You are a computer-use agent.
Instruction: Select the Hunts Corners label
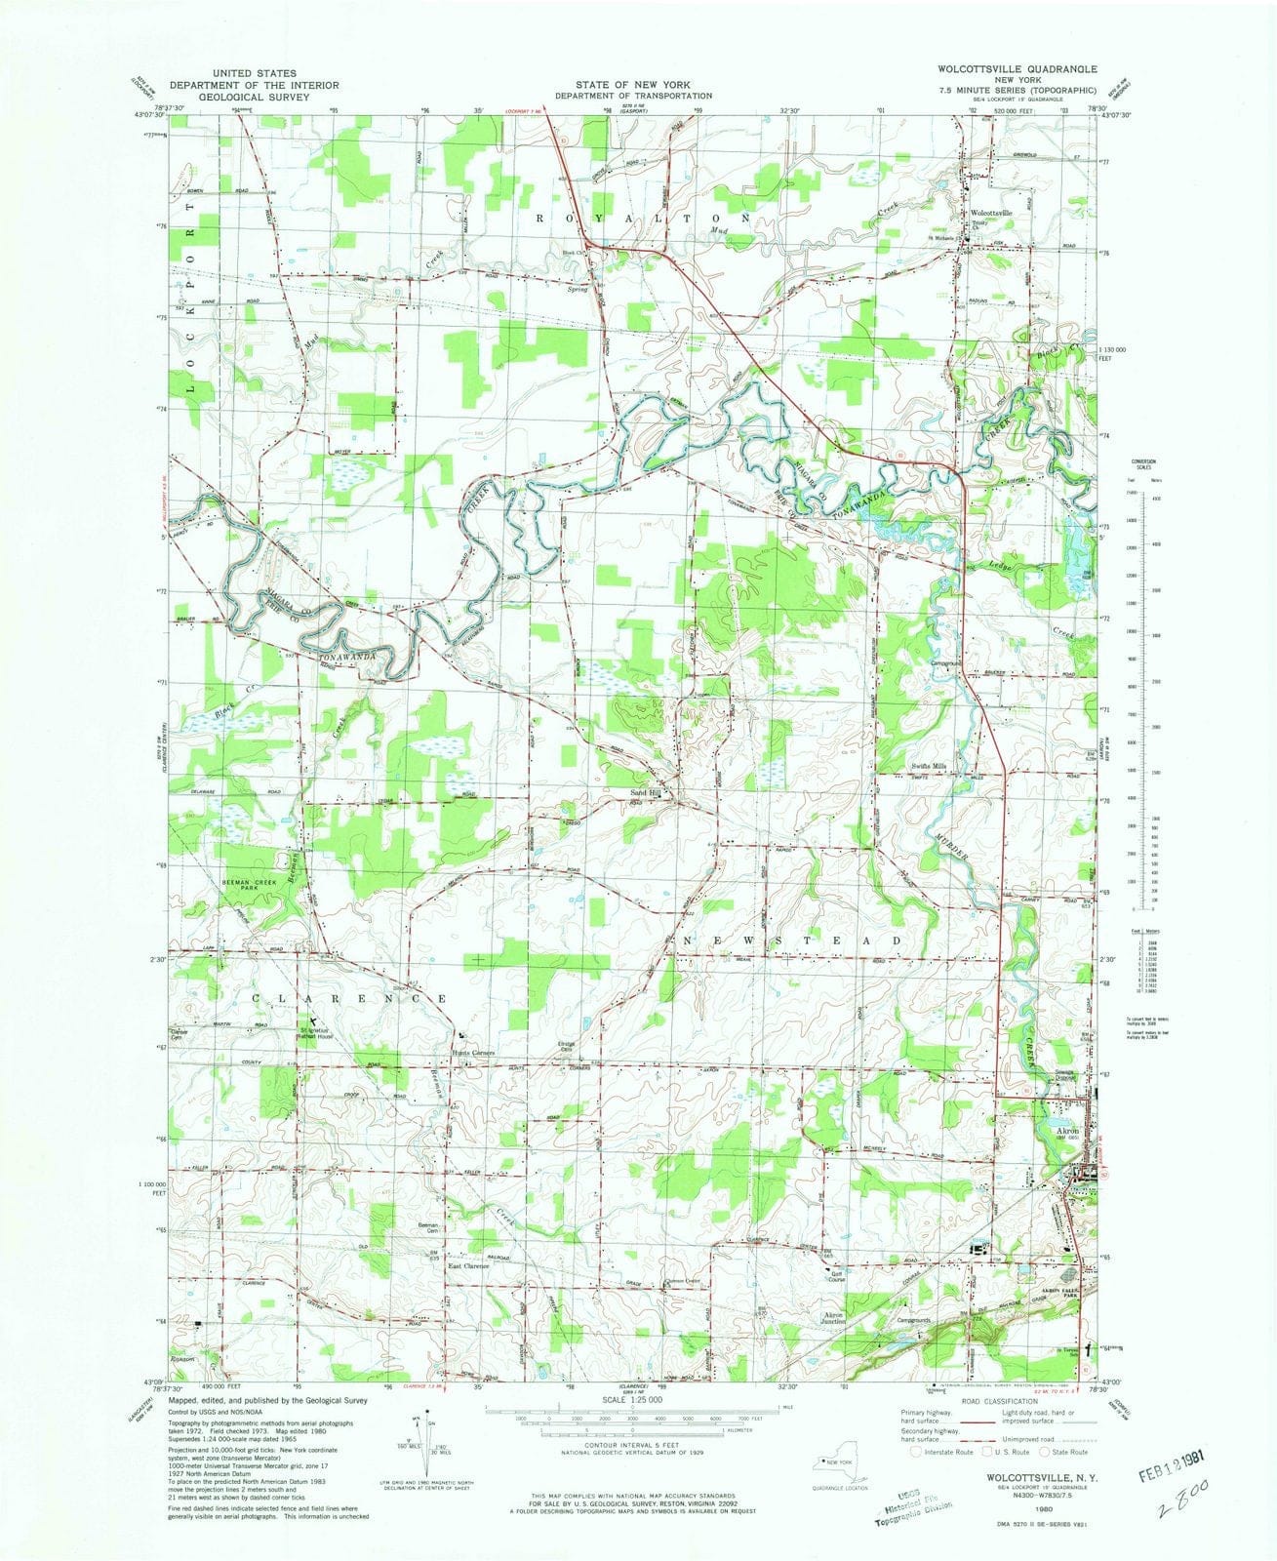474,1054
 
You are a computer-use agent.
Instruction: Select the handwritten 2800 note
1175,1515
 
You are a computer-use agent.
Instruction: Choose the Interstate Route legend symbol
916,1451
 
